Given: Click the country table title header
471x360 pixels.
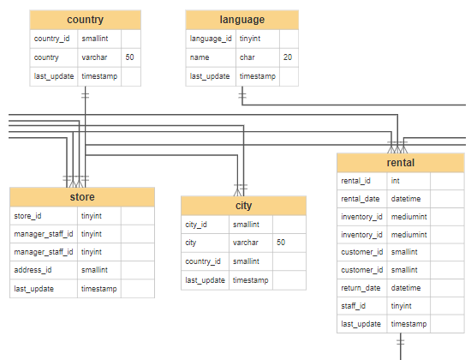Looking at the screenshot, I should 85,20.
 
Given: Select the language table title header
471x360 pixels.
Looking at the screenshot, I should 242,20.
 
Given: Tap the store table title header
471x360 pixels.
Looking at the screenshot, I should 82,196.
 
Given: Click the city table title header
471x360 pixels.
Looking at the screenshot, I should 243,206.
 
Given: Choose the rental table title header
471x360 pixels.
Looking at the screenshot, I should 401,163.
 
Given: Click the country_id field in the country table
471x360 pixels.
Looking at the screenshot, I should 51,39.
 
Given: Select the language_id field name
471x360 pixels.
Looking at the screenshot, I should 210,39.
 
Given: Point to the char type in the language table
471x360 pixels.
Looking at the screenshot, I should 247,57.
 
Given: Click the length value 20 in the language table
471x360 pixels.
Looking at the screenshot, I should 288,57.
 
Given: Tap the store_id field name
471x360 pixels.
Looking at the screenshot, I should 27,216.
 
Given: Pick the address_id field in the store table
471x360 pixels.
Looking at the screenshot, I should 33,270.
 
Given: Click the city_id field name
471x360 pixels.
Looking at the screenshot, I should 197,225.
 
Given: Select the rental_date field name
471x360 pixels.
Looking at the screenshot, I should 360,199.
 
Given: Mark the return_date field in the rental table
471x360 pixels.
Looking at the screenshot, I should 361,288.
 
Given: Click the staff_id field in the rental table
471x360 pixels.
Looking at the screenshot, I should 355,306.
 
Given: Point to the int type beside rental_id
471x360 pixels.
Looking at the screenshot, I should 396,181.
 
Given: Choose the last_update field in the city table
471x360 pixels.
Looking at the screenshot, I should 205,280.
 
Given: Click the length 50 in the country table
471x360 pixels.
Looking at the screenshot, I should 129,57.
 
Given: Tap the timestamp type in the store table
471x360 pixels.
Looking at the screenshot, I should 99,288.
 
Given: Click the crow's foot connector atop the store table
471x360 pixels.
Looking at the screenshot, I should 77,181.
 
